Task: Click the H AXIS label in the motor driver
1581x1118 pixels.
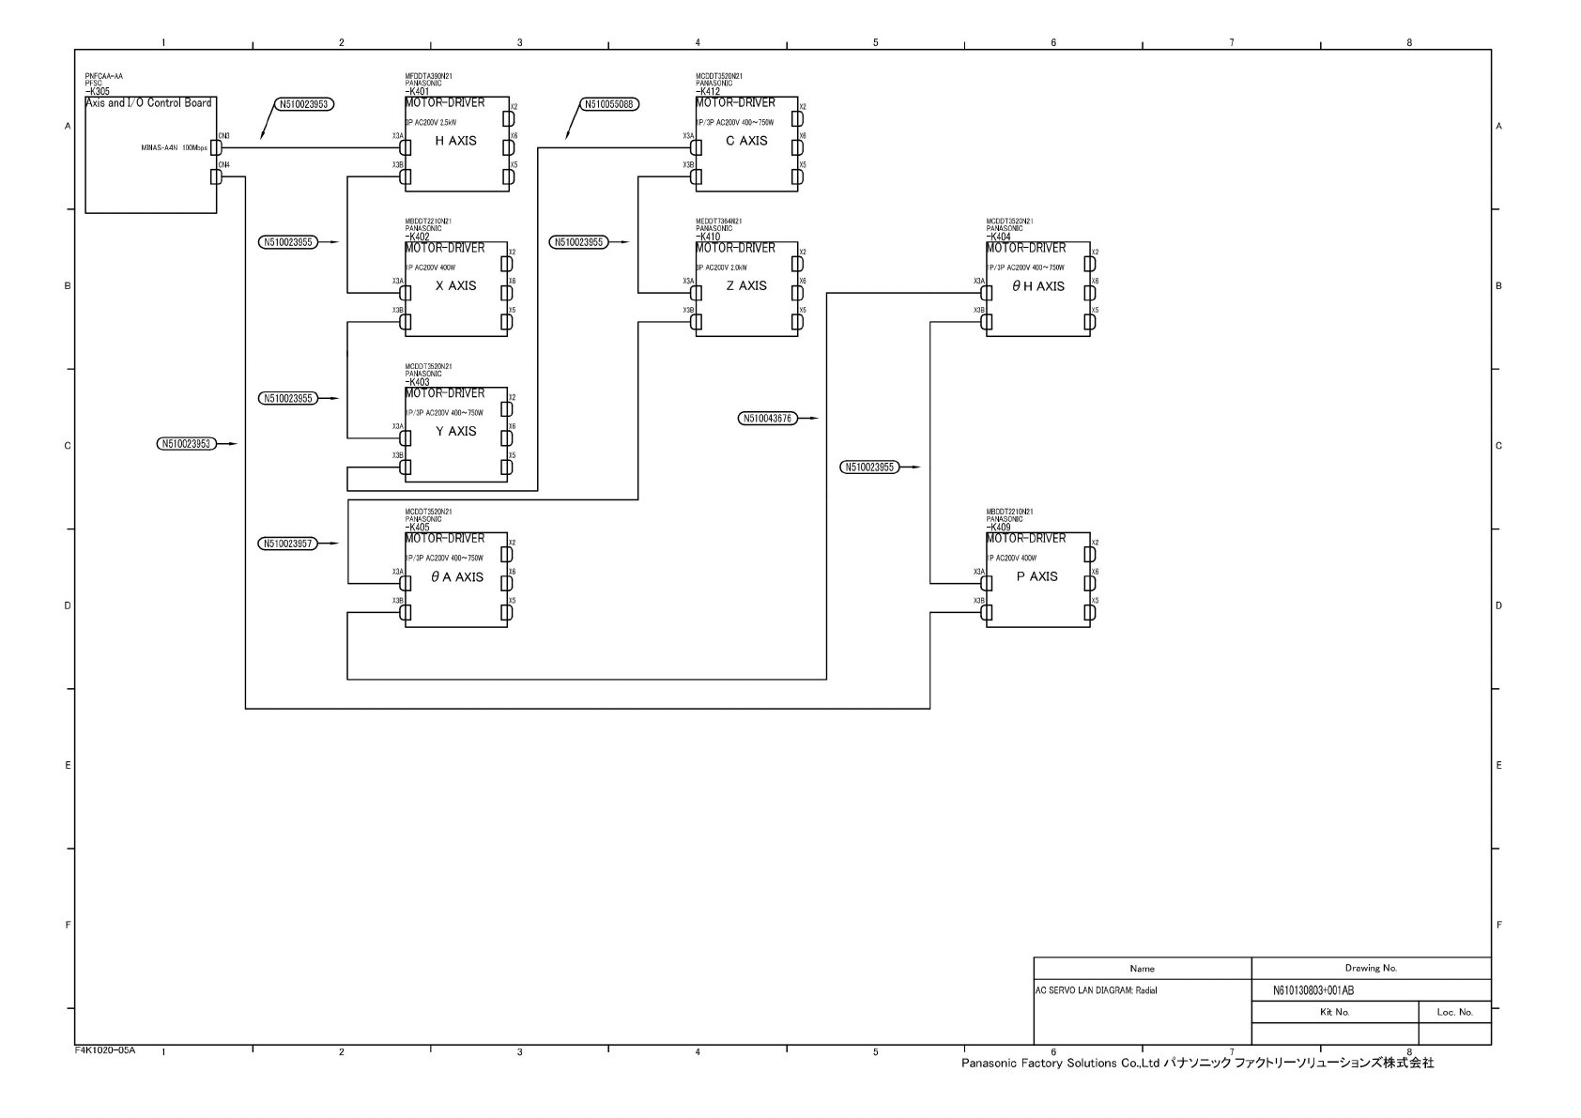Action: coord(455,141)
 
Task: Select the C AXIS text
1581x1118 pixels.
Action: coord(746,141)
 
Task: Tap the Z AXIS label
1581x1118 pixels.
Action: coord(746,286)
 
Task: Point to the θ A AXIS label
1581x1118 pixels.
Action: coord(457,577)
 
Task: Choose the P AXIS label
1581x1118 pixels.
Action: coord(1036,577)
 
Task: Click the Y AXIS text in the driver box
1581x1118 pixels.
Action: coord(455,432)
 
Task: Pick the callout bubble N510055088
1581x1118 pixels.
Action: coord(609,104)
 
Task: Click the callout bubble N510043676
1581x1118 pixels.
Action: coord(767,419)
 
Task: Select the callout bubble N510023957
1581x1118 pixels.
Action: coord(288,544)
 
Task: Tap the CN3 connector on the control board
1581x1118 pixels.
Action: coord(216,147)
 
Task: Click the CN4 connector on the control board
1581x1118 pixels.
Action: coord(216,176)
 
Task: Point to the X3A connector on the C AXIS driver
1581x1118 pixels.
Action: coord(697,147)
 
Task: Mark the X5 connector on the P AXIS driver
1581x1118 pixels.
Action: coord(1089,613)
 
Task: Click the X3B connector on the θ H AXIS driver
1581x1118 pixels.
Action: coord(986,322)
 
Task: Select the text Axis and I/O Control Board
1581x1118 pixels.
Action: coord(148,103)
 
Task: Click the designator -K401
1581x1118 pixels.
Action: coord(418,92)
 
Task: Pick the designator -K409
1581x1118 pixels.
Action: coord(999,528)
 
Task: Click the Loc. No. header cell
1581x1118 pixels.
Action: coord(1454,1012)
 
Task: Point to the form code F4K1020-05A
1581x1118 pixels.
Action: coord(105,1050)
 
